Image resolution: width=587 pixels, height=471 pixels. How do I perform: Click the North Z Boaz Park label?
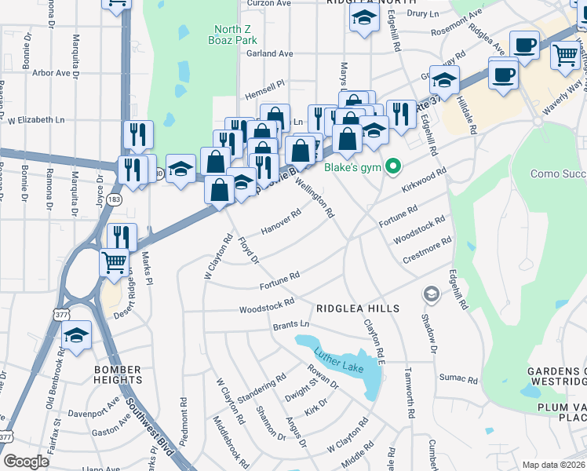tap(236, 35)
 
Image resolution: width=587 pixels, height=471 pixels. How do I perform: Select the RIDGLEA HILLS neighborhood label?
tap(358, 309)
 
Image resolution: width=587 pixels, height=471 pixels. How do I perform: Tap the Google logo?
tap(26, 462)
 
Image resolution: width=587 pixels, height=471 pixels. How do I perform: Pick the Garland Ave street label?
tap(269, 53)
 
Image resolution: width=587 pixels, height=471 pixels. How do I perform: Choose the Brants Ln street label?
tap(291, 324)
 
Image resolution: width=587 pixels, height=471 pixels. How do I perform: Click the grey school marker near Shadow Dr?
tap(431, 294)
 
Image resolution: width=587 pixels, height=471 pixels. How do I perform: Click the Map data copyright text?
tap(553, 465)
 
